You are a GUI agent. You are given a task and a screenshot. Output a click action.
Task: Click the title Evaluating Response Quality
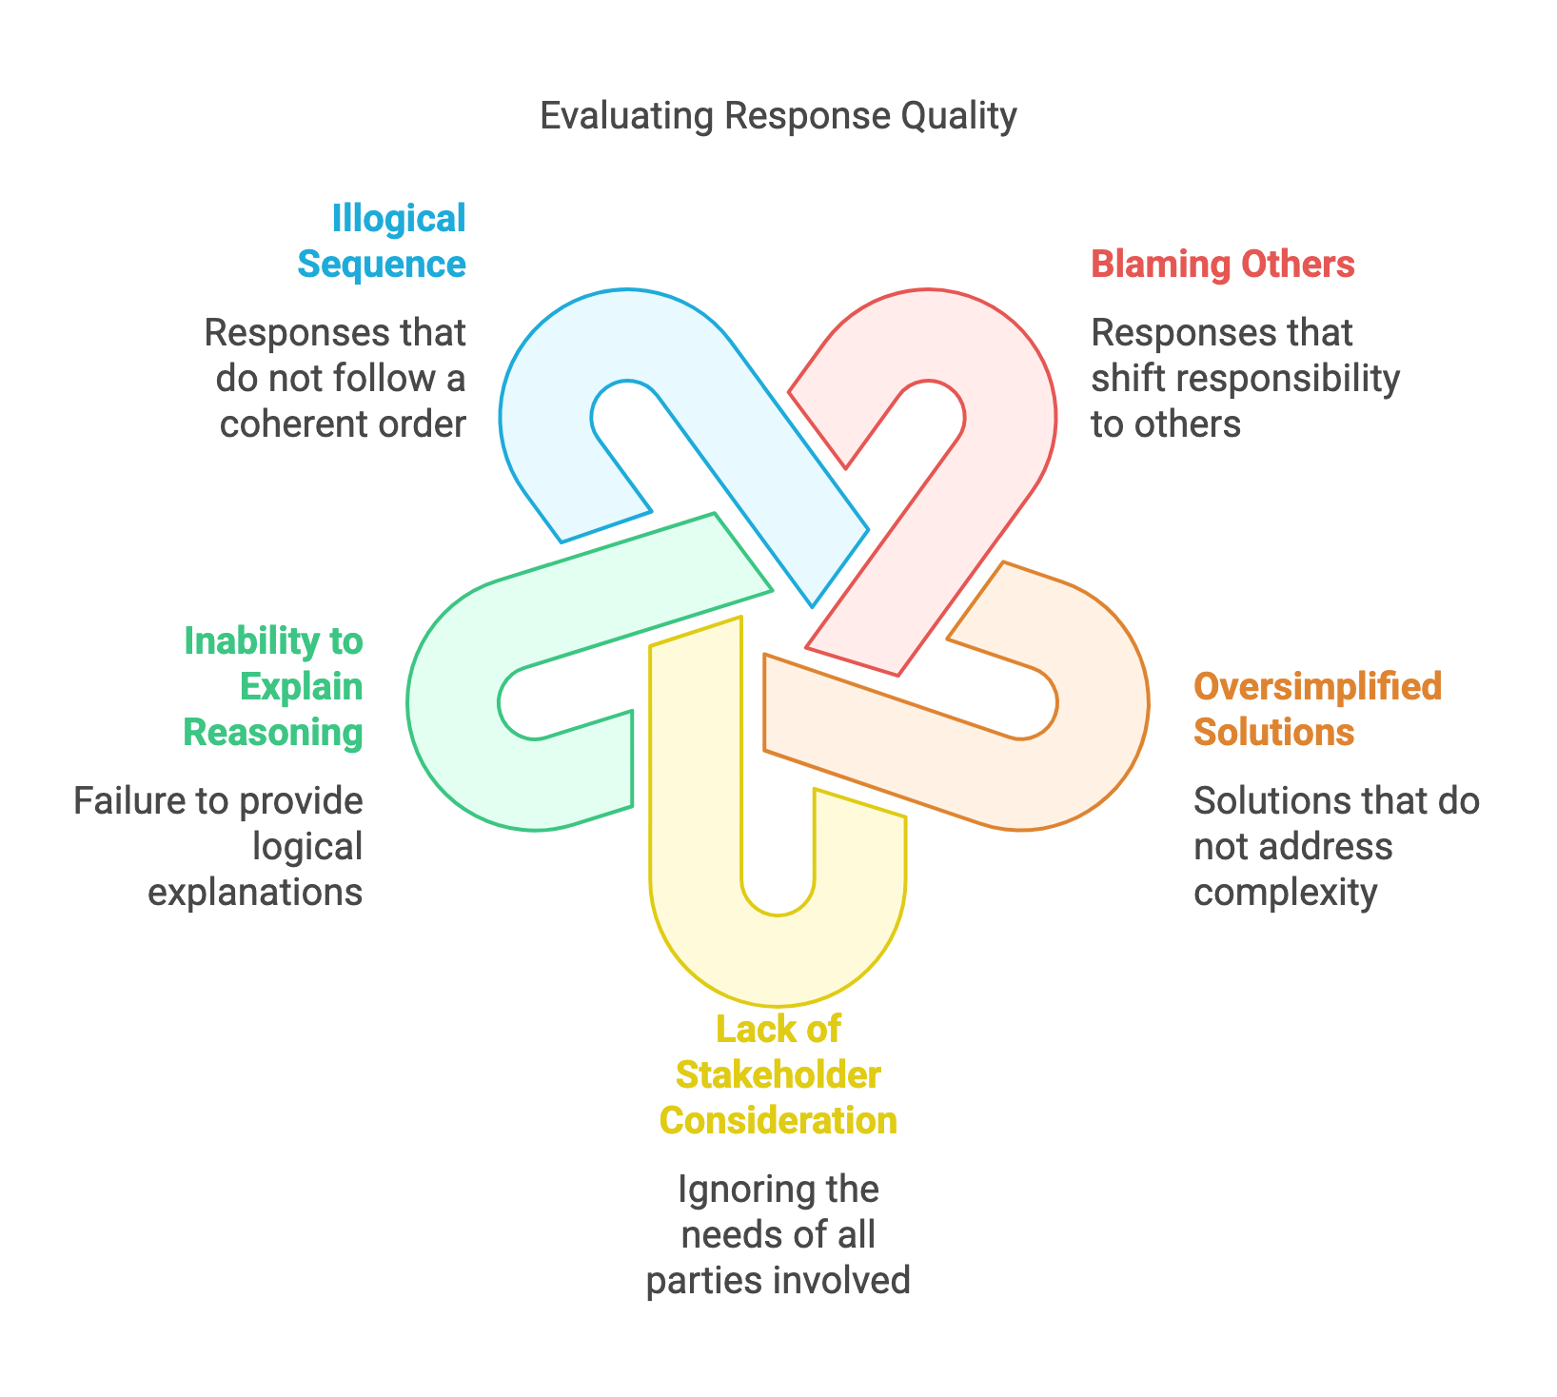pos(778,116)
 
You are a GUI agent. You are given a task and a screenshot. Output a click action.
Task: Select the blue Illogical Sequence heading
pos(383,241)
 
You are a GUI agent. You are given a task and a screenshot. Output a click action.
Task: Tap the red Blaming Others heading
pos(1222,264)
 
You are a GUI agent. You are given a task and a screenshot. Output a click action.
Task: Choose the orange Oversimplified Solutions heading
pos(1317,709)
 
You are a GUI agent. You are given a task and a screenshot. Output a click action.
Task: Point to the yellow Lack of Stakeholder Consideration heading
pos(778,1074)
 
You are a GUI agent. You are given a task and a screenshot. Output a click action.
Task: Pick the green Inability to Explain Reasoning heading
pos(274,686)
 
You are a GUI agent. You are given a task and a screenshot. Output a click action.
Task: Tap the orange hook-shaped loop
pos(1094,761)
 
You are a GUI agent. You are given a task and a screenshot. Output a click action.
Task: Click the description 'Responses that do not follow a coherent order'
pos(336,378)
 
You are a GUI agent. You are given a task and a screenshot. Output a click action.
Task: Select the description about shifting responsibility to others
pos(1245,378)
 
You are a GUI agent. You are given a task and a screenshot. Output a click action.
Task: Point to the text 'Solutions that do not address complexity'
pos(1336,846)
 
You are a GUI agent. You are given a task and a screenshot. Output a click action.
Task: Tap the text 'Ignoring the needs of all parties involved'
pos(778,1234)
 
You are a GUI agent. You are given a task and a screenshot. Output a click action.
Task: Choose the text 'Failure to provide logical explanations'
pos(219,846)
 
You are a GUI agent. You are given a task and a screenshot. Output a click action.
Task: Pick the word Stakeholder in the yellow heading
pos(778,1074)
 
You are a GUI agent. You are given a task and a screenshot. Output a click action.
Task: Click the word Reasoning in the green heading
pos(273,732)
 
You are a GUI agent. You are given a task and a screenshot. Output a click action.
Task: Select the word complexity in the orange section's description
pos(1286,892)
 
